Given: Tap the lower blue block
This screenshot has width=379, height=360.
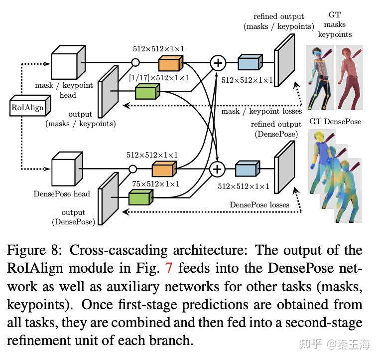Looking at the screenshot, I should [247, 170].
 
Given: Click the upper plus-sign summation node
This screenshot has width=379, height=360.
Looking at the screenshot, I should [218, 63].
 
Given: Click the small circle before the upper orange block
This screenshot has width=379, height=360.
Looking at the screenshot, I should [134, 63].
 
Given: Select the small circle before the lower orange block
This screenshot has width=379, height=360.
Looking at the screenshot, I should [132, 170].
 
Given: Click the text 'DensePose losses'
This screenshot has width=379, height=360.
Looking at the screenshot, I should [259, 204].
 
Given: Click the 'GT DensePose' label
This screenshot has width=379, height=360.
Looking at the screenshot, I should [335, 122].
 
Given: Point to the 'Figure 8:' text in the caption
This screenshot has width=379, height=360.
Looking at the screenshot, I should [35, 250].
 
